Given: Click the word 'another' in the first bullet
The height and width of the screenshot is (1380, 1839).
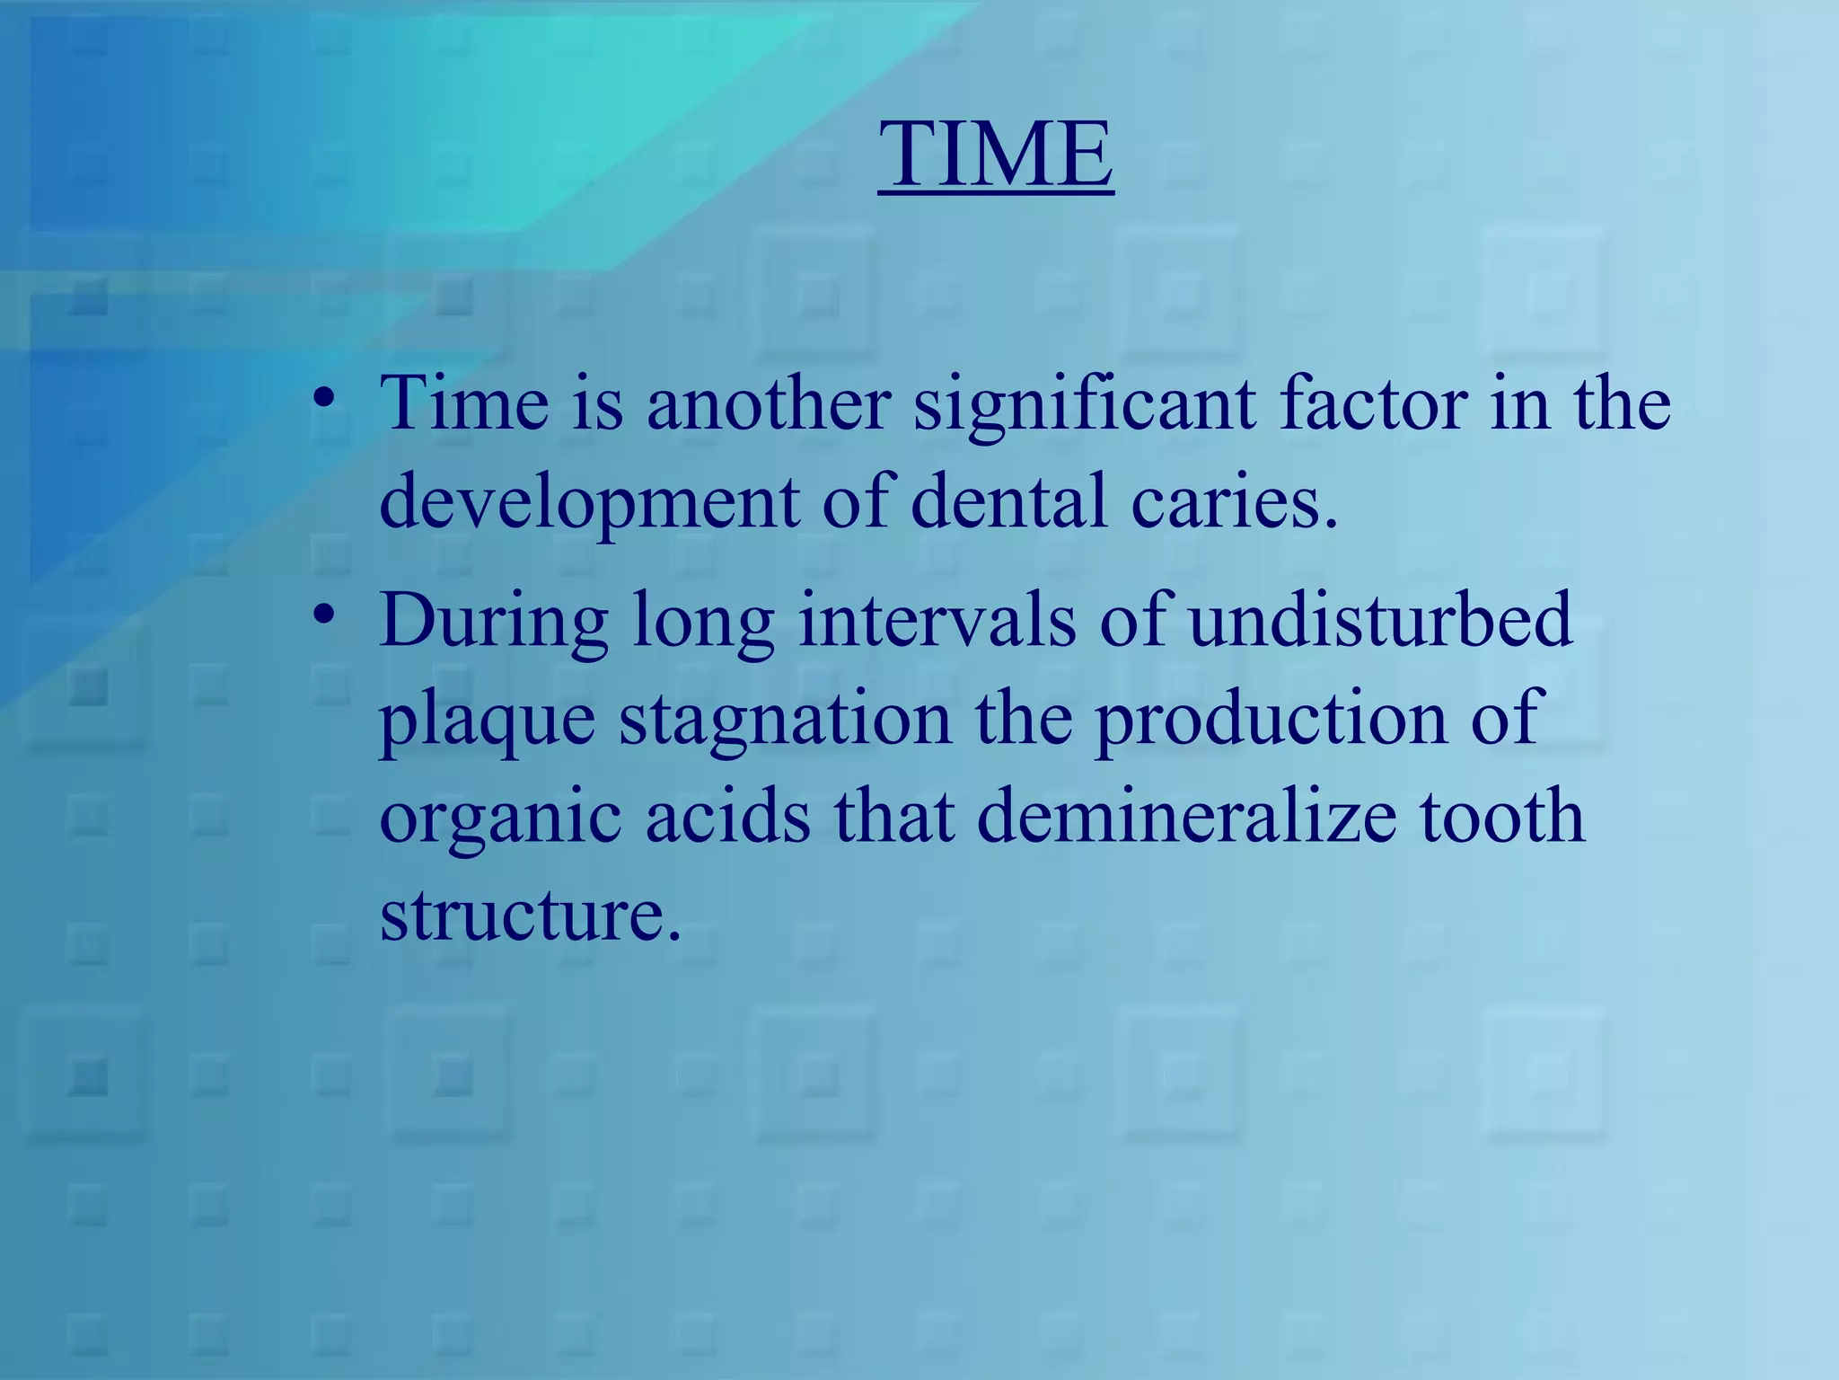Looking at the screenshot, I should [769, 403].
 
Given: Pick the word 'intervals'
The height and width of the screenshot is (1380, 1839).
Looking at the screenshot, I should [937, 620].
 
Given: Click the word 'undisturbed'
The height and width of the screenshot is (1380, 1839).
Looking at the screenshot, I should [1380, 620].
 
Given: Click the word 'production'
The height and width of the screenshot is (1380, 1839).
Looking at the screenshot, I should [1271, 721].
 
